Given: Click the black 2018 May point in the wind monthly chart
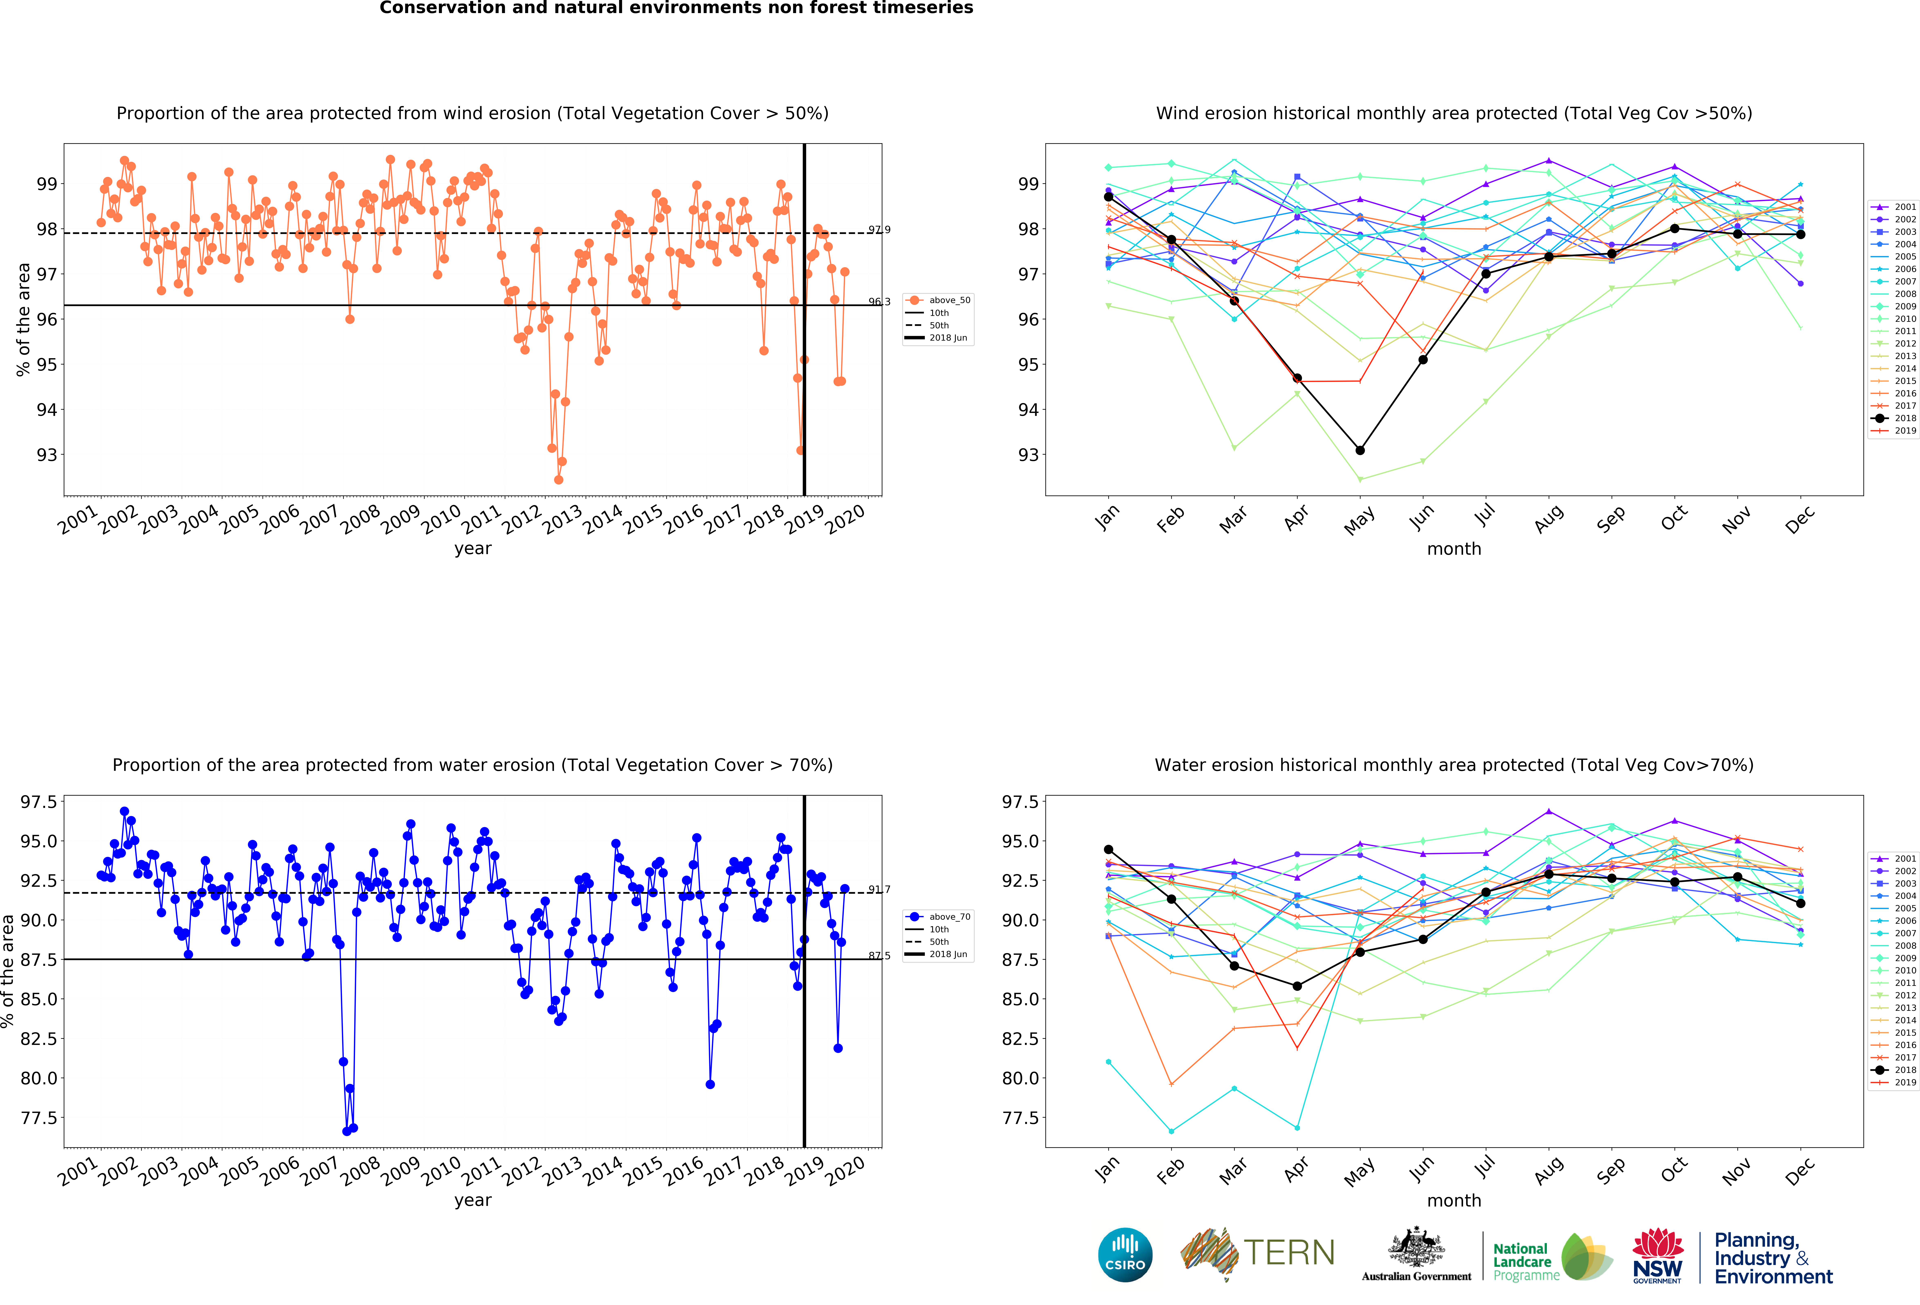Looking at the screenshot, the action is pyautogui.click(x=1360, y=451).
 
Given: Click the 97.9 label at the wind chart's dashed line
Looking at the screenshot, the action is pyautogui.click(x=879, y=230).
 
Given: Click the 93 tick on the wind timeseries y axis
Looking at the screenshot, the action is pyautogui.click(x=47, y=455).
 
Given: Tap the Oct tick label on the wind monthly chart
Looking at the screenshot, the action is pyautogui.click(x=1674, y=518).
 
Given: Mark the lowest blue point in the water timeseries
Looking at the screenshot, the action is pyautogui.click(x=346, y=1131).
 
